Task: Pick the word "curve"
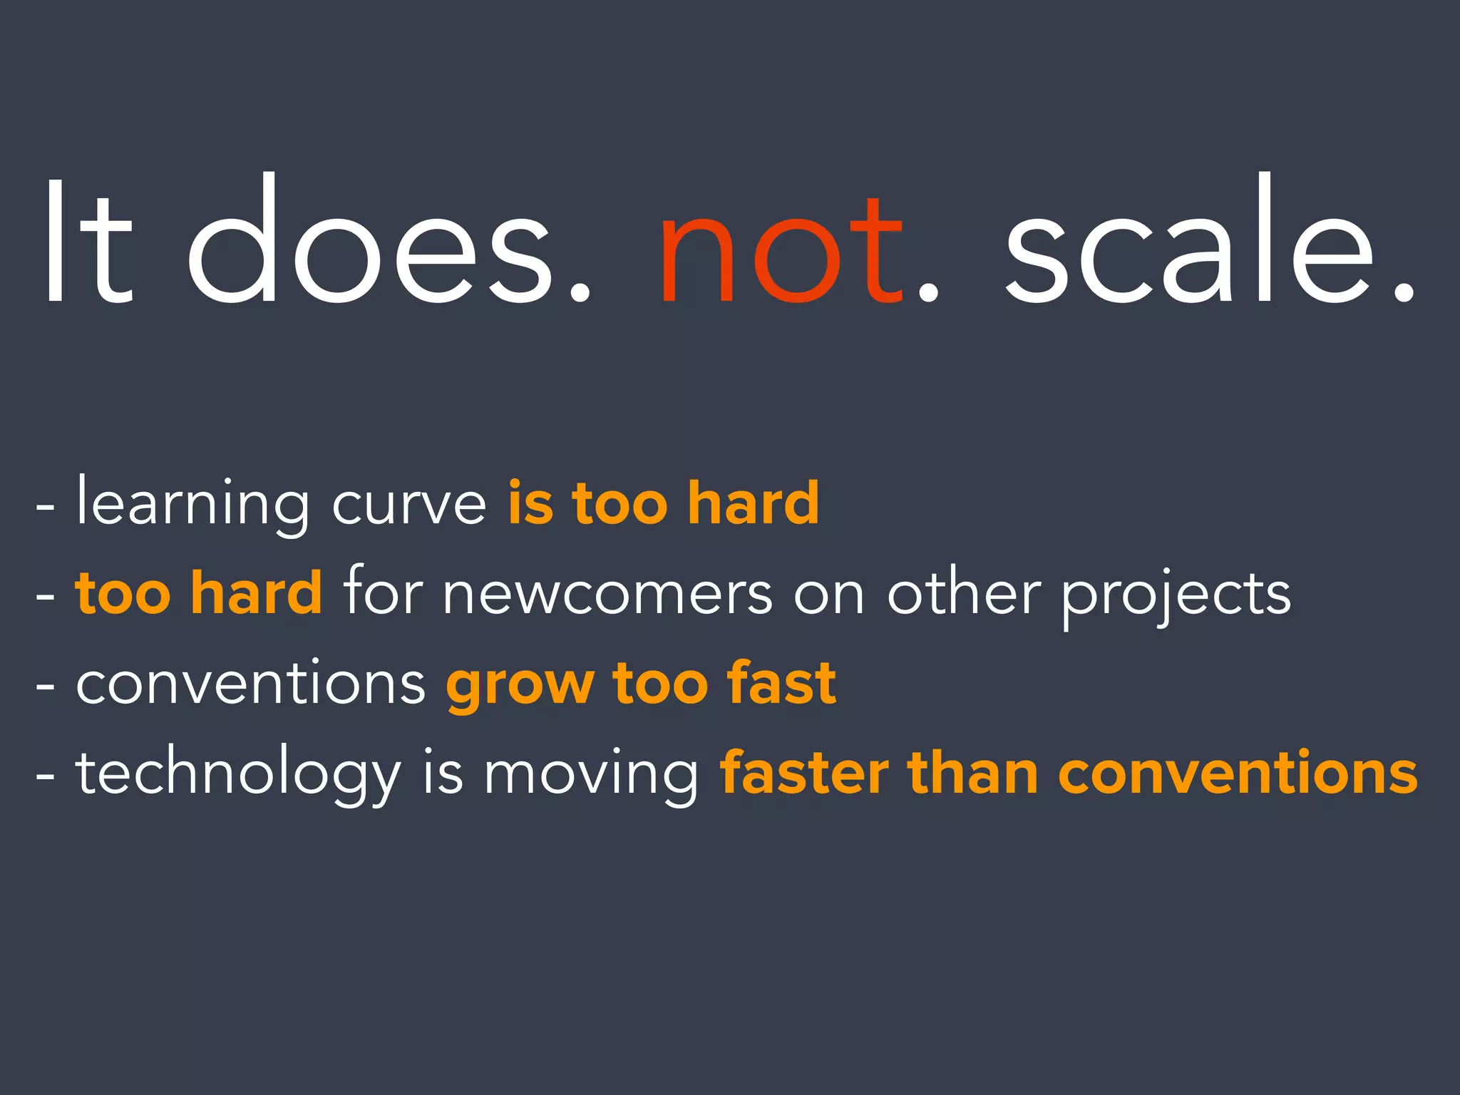(x=409, y=505)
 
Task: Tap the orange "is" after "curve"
(x=530, y=503)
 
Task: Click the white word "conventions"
(x=250, y=683)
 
